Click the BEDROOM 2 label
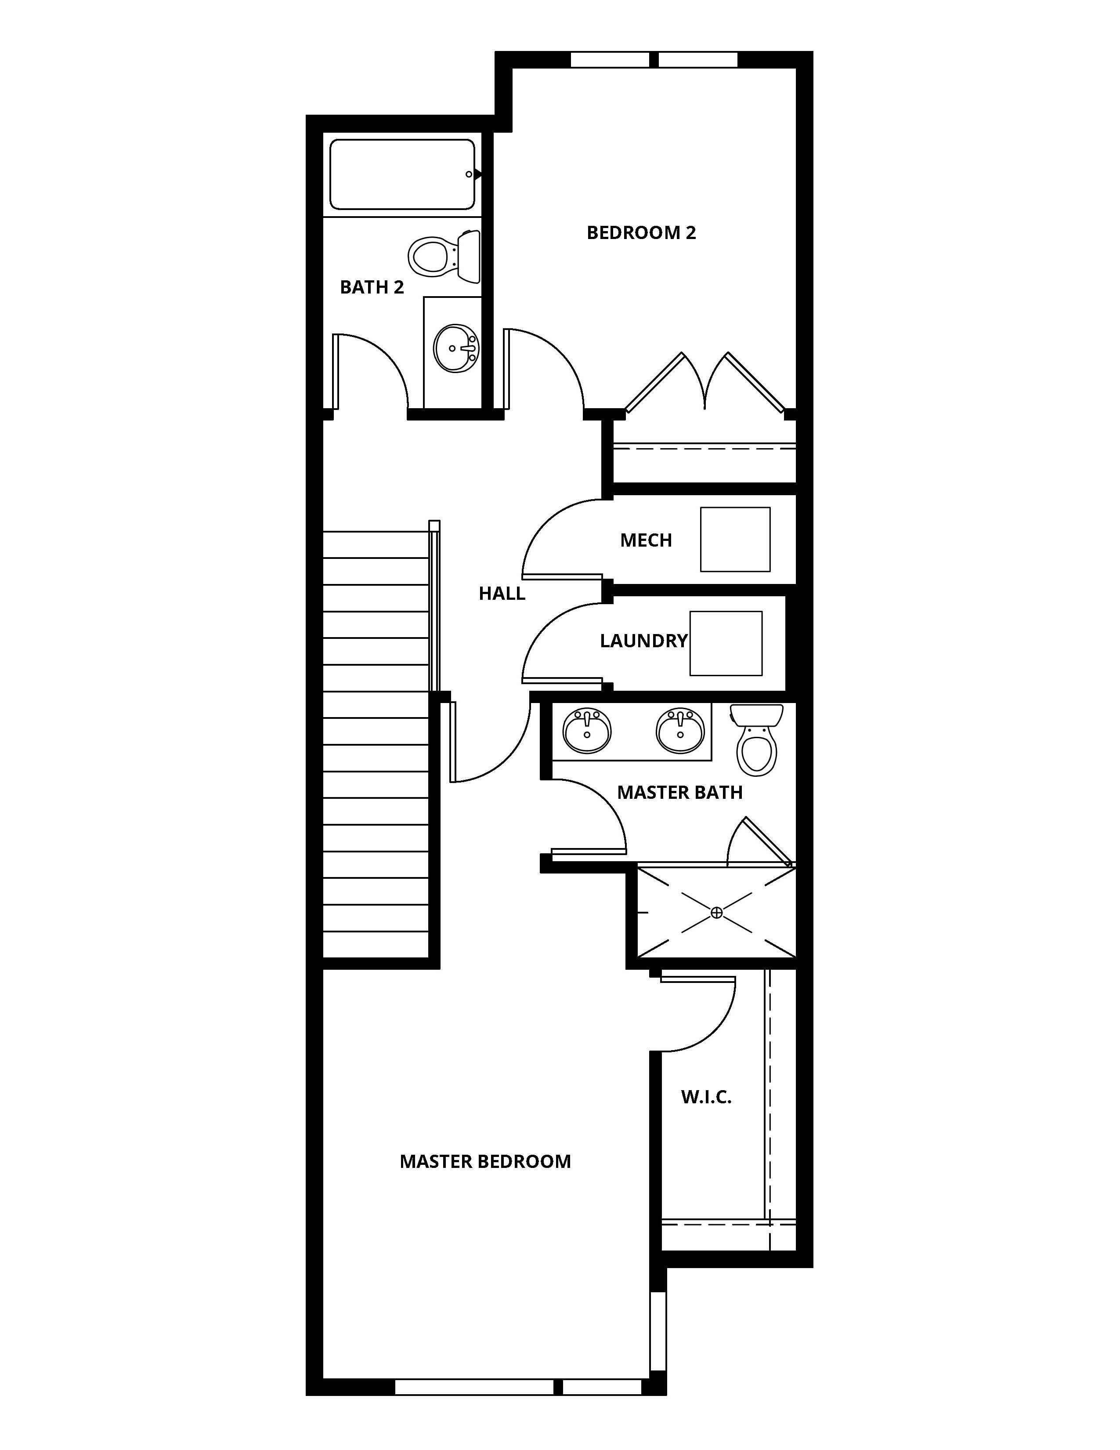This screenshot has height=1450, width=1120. [x=641, y=233]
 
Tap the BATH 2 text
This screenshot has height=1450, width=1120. [x=372, y=287]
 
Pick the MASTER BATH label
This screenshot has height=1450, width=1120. [x=679, y=793]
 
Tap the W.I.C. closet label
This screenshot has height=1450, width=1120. [x=706, y=1097]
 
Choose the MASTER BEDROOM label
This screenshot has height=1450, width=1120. [x=485, y=1162]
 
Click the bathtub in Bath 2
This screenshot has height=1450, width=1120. [x=403, y=174]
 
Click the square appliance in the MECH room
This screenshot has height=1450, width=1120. [x=735, y=540]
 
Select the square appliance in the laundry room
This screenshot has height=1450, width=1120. [x=726, y=643]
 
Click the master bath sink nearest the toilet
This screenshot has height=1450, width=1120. [x=680, y=731]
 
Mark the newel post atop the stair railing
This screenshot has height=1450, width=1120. [x=434, y=525]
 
